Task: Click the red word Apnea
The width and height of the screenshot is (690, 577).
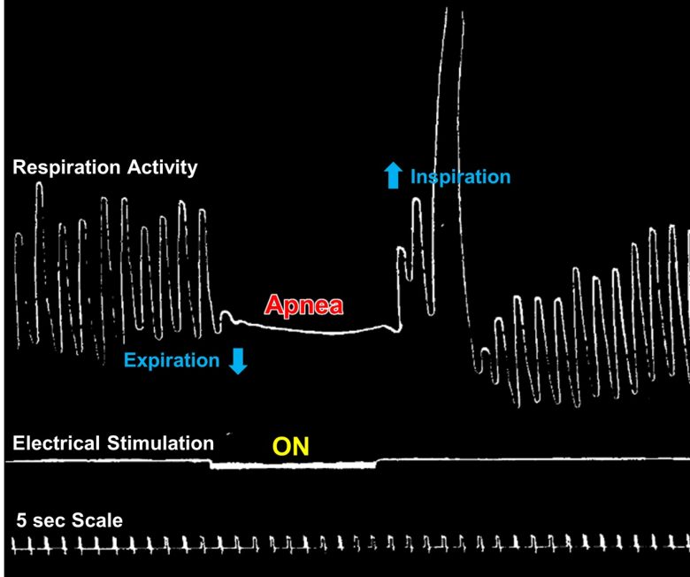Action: pos(303,305)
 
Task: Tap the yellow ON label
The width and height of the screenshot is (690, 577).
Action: pos(290,446)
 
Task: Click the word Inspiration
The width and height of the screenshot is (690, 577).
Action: pos(460,177)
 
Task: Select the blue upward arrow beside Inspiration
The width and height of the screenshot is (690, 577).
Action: pos(393,175)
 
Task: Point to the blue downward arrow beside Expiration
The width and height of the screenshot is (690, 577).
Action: pos(238,361)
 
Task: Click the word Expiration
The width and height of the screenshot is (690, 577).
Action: pos(172,360)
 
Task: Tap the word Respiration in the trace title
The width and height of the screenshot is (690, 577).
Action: pos(66,167)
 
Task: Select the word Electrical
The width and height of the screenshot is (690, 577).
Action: pos(56,442)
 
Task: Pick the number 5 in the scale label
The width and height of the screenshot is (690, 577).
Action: pos(21,520)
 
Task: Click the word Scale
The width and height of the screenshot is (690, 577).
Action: pos(96,520)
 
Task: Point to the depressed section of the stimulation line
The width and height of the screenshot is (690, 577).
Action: pos(293,465)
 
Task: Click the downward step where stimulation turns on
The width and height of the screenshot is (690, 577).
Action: pos(211,463)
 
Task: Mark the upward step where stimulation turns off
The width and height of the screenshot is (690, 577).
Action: pos(377,463)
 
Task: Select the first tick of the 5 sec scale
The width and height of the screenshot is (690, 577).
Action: pos(13,546)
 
